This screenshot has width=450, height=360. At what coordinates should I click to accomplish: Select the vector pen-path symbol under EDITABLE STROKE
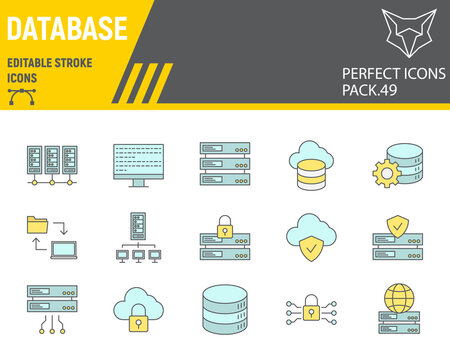(23, 95)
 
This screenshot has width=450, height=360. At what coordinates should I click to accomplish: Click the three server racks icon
(53, 165)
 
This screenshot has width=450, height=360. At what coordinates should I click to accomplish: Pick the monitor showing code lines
(138, 164)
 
